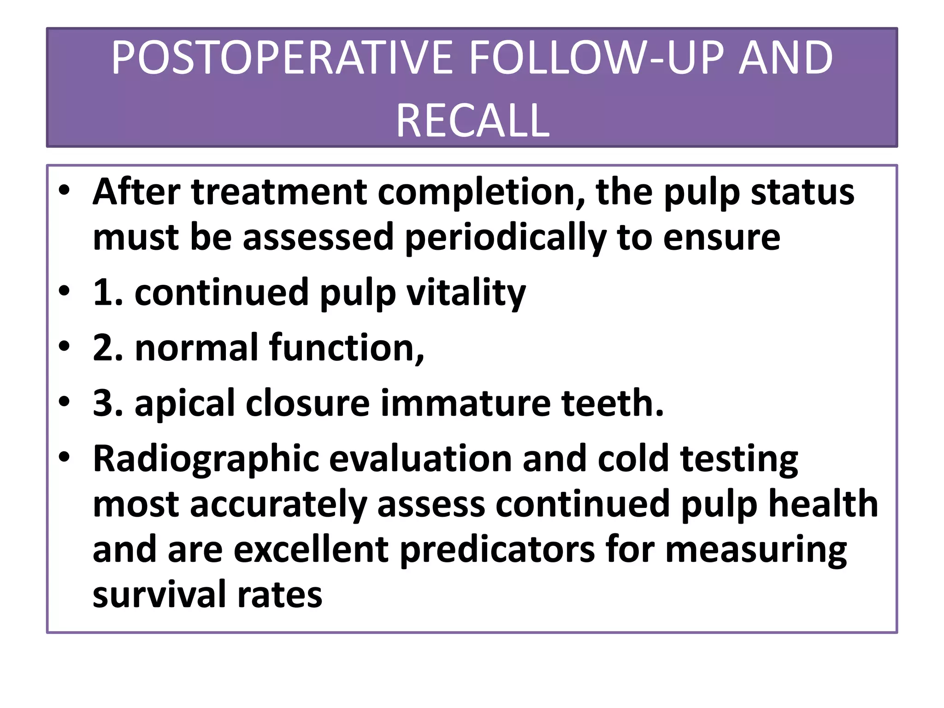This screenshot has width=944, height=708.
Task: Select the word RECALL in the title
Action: (x=472, y=121)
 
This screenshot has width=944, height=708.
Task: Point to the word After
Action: (x=136, y=192)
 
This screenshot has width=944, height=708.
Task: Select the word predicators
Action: (x=497, y=549)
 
